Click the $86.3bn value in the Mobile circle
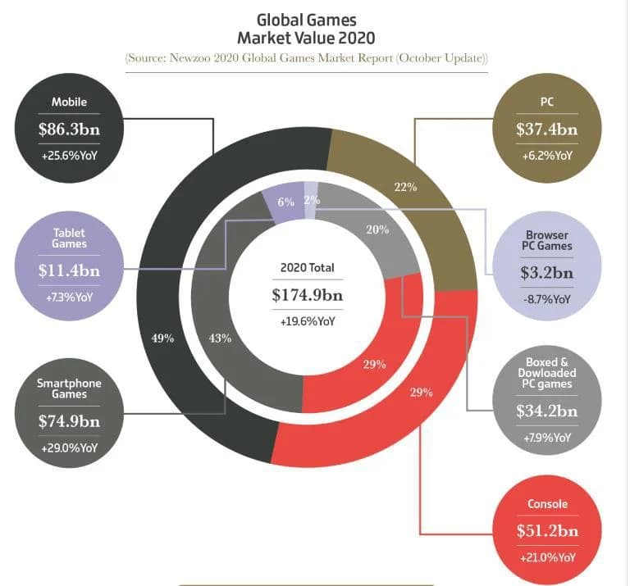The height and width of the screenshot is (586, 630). click(x=69, y=129)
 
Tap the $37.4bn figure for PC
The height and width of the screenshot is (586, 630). click(x=546, y=129)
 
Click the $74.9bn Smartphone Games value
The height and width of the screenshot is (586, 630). click(x=69, y=421)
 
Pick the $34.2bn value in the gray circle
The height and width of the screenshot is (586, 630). click(x=546, y=411)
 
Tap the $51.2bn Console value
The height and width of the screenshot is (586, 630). click(x=546, y=530)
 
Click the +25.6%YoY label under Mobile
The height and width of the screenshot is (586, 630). click(x=69, y=155)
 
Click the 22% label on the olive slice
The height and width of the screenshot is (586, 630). click(x=406, y=187)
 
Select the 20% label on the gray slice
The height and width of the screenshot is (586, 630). click(x=377, y=229)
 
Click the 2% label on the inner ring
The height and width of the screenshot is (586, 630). click(x=312, y=200)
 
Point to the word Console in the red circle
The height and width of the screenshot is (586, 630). click(x=546, y=504)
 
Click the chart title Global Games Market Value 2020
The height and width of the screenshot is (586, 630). click(x=307, y=29)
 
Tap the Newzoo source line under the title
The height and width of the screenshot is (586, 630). click(x=307, y=59)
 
